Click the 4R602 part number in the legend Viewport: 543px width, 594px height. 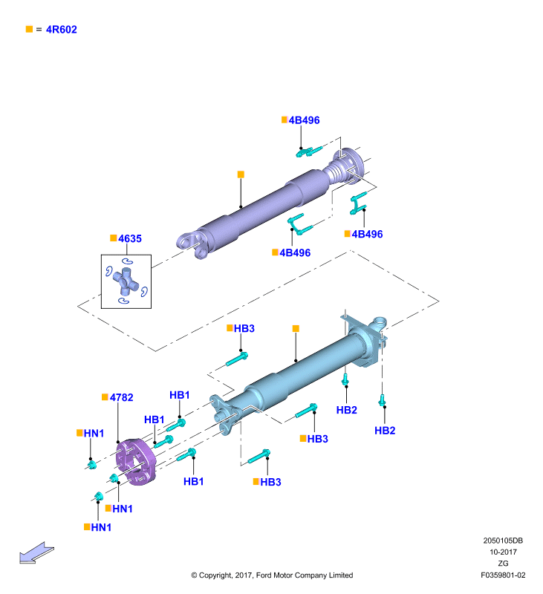click(62, 30)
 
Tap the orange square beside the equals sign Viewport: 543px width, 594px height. click(29, 29)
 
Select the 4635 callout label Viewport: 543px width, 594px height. click(130, 238)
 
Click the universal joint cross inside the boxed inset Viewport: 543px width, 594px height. click(126, 281)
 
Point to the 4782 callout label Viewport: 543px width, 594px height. click(122, 397)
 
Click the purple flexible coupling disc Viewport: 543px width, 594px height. click(136, 462)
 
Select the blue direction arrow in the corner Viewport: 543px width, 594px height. click(36, 552)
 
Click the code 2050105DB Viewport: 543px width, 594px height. click(503, 541)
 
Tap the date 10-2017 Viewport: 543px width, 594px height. click(503, 552)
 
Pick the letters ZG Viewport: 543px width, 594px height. click(503, 564)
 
